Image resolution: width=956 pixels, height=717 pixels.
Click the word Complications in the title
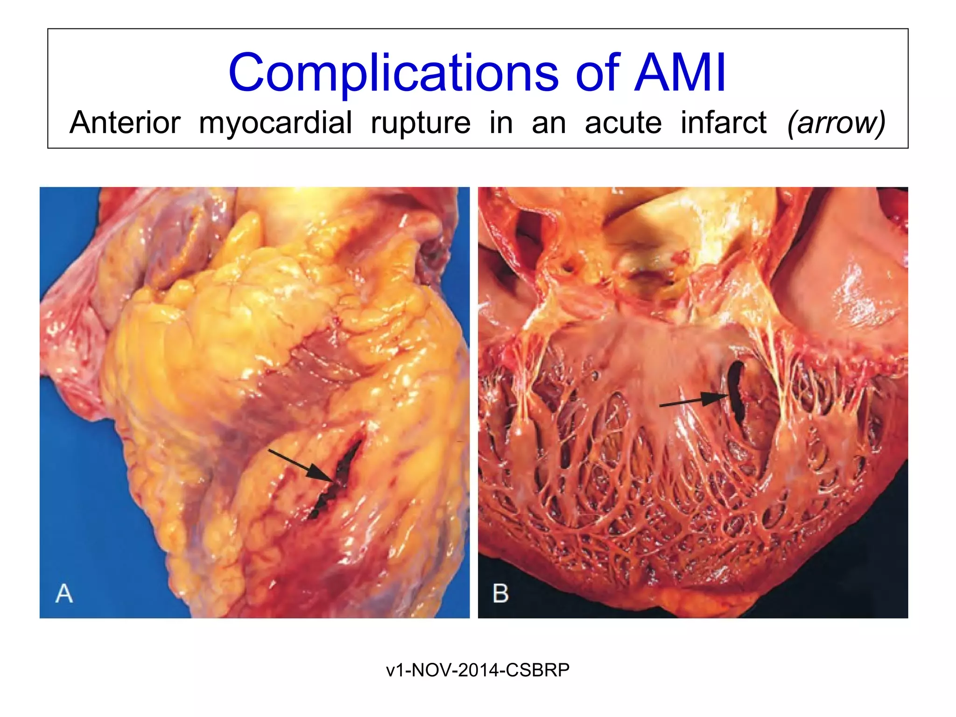click(x=394, y=73)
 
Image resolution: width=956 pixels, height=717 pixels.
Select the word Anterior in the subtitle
click(x=125, y=123)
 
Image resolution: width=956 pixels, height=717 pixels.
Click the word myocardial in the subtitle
click(x=275, y=123)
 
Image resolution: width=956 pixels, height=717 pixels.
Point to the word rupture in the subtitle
click(x=421, y=123)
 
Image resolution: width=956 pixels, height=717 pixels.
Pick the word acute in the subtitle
click(x=623, y=123)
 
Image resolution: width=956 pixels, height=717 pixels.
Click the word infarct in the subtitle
click(x=723, y=123)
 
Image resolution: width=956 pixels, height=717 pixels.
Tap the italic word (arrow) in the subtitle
click(x=836, y=123)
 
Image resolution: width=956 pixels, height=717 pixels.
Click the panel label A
click(x=64, y=593)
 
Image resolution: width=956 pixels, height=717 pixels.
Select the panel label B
click(x=500, y=593)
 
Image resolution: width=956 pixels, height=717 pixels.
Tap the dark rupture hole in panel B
click(x=737, y=392)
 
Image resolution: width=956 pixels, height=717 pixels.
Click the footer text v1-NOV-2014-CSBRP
click(x=478, y=670)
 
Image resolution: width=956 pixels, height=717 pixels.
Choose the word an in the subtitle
click(x=548, y=123)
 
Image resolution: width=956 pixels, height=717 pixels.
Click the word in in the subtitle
click(x=501, y=123)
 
